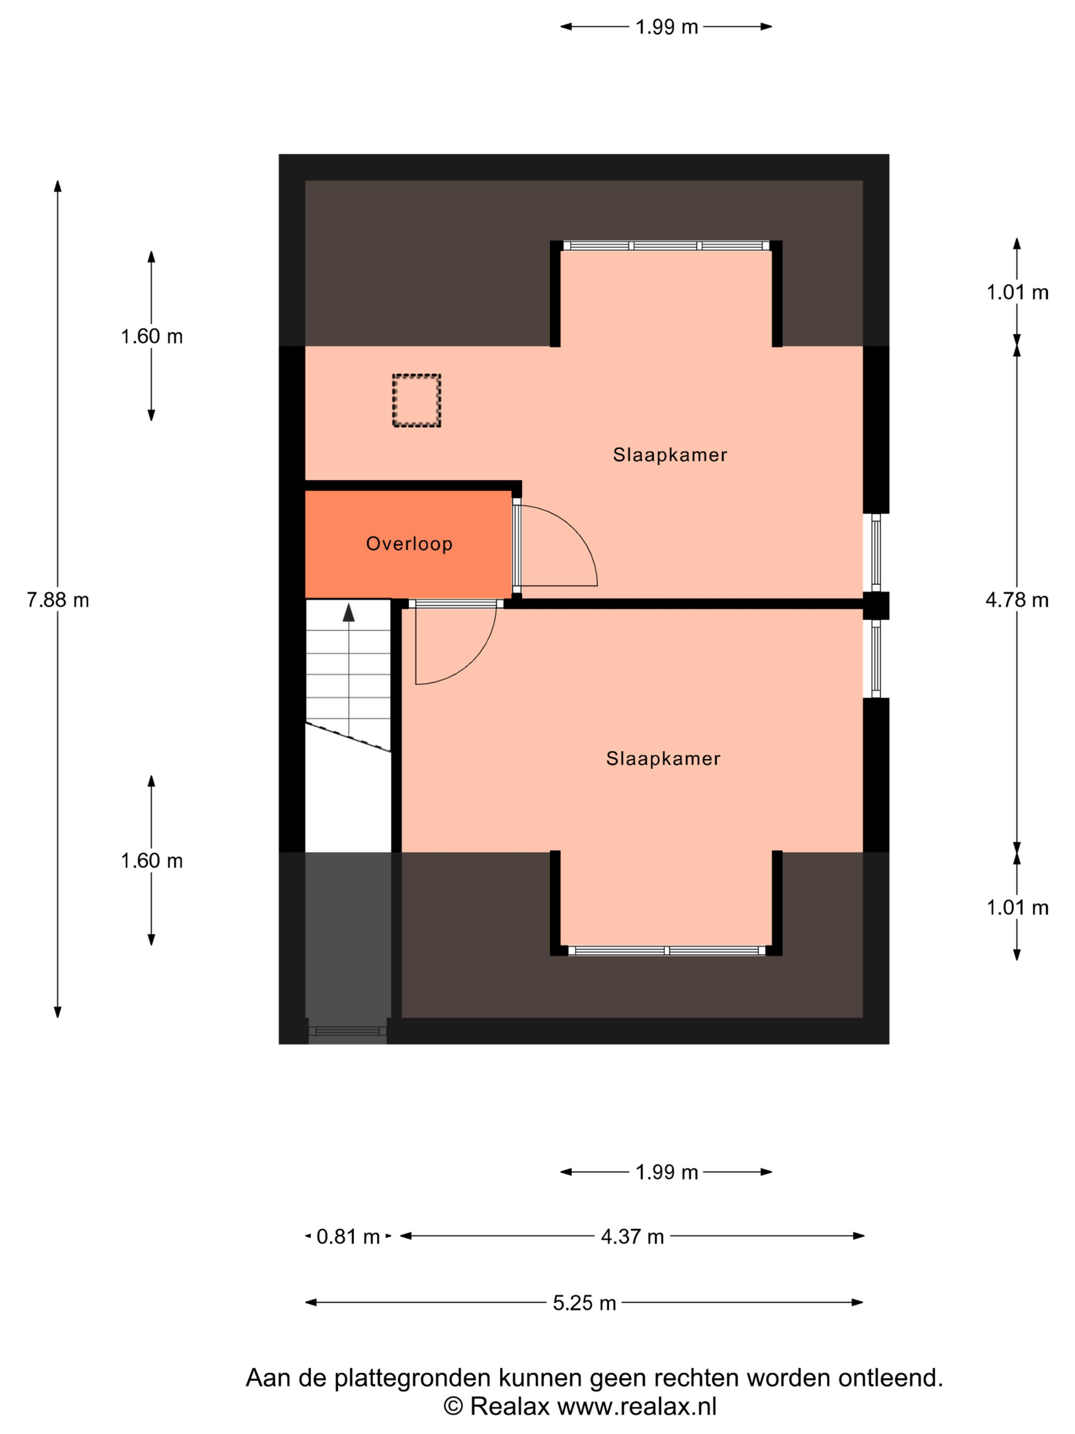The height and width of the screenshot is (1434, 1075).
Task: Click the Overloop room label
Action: (409, 543)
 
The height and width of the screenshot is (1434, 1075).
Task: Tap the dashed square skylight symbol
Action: (417, 400)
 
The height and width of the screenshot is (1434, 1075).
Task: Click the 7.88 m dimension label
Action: (58, 600)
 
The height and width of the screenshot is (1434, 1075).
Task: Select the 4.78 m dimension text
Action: (1017, 600)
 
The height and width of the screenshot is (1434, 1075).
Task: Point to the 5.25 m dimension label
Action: (584, 1302)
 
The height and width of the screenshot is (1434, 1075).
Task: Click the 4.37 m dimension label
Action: (632, 1236)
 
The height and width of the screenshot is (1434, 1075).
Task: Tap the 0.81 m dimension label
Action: (348, 1236)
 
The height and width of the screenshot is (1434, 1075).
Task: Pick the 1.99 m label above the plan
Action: (666, 27)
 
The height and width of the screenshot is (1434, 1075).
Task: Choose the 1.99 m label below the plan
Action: (666, 1172)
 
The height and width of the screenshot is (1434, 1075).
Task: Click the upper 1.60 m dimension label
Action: (152, 336)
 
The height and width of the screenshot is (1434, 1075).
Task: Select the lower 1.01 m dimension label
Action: (1017, 908)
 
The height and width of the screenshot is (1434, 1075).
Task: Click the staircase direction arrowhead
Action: (349, 613)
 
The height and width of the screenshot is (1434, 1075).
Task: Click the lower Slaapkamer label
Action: (663, 758)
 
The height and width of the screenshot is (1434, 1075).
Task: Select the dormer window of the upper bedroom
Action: (666, 246)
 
